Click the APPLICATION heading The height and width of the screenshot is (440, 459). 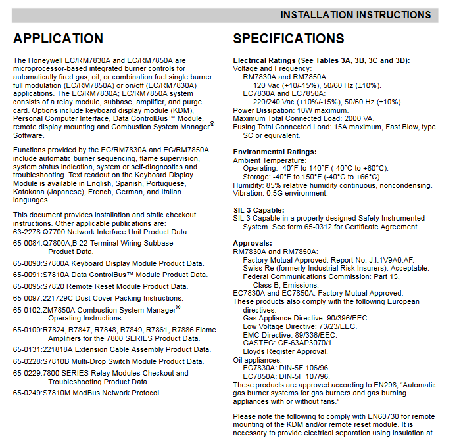click(x=58, y=39)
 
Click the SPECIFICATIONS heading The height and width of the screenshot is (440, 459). click(x=288, y=39)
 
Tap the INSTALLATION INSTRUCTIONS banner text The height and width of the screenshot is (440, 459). click(x=355, y=14)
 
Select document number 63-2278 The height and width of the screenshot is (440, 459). click(x=27, y=232)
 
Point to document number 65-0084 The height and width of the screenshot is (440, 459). click(x=27, y=243)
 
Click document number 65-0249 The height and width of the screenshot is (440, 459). click(x=27, y=393)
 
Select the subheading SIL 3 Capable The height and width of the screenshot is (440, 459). click(x=256, y=210)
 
